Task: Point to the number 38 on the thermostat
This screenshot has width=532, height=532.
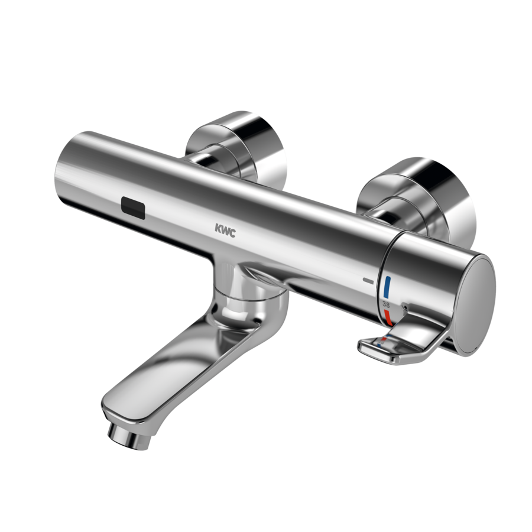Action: click(x=386, y=303)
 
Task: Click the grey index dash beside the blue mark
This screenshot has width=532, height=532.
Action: click(x=368, y=279)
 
